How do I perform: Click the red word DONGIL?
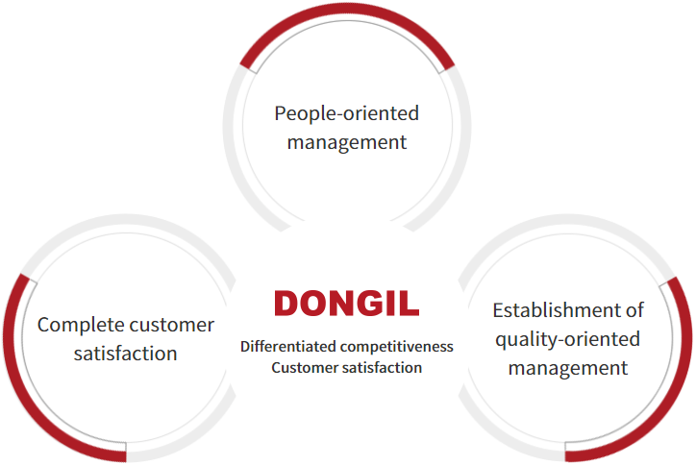click(347, 304)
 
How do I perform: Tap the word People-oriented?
click(347, 113)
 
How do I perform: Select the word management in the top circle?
click(347, 143)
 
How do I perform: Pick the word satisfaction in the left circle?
click(126, 354)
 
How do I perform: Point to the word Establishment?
click(557, 310)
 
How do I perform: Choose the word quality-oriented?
click(568, 340)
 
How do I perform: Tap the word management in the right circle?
click(568, 369)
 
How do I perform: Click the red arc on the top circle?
click(347, 12)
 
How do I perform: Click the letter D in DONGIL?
click(288, 304)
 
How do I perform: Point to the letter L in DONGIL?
click(410, 304)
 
